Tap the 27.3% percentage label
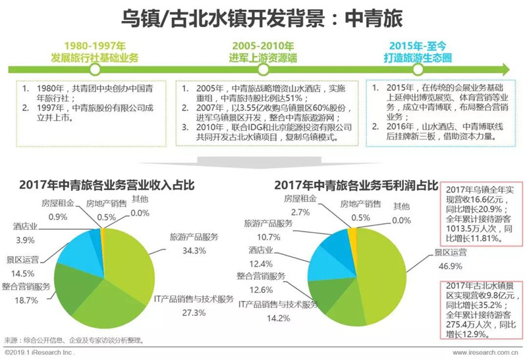(194, 313)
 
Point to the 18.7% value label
(26, 300)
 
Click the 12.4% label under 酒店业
(261, 264)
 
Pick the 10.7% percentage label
(268, 237)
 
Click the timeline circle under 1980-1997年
(96, 70)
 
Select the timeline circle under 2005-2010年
(263, 70)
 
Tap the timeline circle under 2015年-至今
(418, 70)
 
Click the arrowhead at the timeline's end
(505, 70)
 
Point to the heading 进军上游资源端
(263, 58)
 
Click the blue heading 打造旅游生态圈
(418, 58)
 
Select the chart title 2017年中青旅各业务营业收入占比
(107, 185)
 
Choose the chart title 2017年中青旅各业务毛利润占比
(356, 185)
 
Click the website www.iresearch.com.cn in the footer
(485, 353)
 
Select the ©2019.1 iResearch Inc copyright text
(40, 353)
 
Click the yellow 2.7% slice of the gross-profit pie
(352, 234)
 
